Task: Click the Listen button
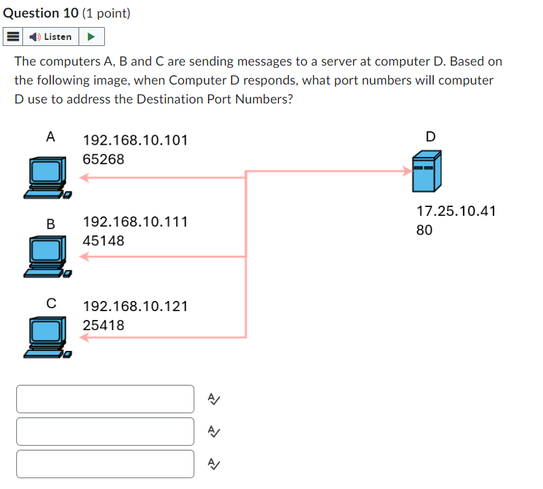point(52,37)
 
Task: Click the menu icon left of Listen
point(13,37)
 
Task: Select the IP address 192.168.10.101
point(135,141)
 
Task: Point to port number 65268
point(104,160)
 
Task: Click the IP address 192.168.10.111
point(135,222)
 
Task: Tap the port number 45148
point(104,241)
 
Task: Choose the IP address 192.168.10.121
point(135,306)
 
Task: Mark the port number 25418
point(104,325)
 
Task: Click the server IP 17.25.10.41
point(456,211)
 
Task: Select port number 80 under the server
point(424,230)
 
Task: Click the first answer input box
point(105,399)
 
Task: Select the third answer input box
point(105,464)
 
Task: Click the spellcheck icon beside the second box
point(213,432)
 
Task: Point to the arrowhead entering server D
point(408,171)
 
